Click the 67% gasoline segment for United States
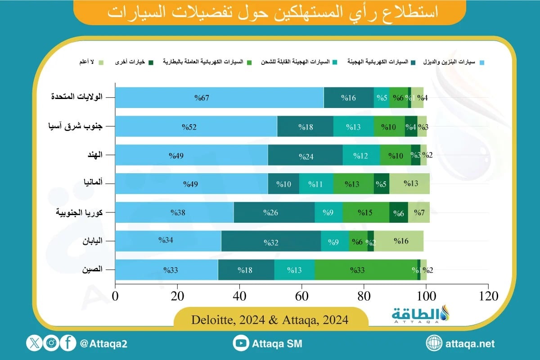[219, 98]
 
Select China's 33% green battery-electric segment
[366, 270]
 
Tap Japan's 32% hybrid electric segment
[271, 242]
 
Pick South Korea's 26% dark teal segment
[274, 213]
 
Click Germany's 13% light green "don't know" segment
[409, 184]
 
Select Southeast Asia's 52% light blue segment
[196, 126]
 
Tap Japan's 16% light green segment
[399, 242]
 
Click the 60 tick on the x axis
[302, 297]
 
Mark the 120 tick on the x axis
[488, 297]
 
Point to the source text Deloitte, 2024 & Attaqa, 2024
[270, 320]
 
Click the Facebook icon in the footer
[68, 344]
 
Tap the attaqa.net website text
[470, 344]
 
